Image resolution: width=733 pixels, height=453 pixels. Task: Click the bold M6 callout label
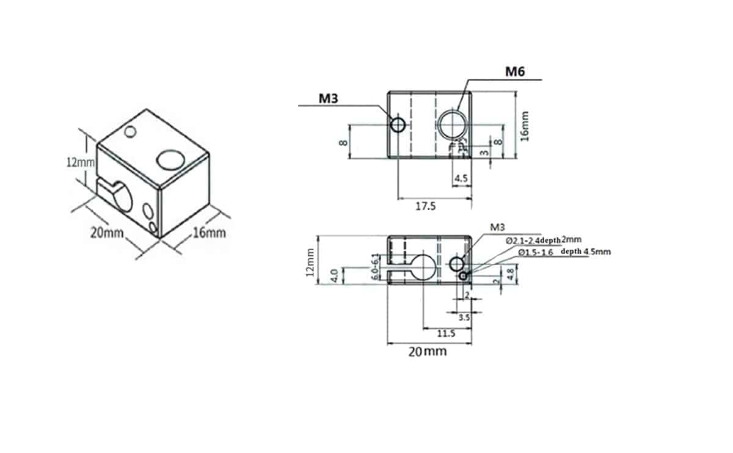tap(514, 73)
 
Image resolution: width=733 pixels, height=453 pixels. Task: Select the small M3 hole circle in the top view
tap(398, 125)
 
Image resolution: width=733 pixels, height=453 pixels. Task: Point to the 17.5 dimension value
tap(425, 206)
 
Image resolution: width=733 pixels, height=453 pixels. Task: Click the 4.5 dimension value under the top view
tap(461, 179)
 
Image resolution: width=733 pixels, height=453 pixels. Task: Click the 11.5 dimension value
tap(447, 333)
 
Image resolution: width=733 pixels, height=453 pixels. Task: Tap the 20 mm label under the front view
tap(427, 351)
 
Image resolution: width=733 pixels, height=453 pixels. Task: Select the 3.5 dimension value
tap(464, 317)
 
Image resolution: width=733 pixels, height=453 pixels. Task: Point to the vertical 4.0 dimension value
tap(334, 275)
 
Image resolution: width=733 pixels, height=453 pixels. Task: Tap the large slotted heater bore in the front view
tap(423, 264)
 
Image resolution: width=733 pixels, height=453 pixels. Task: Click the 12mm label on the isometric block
tap(81, 162)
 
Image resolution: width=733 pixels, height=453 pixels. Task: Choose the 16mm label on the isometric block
tap(209, 233)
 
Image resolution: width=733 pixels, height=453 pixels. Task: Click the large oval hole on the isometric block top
tap(170, 160)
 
